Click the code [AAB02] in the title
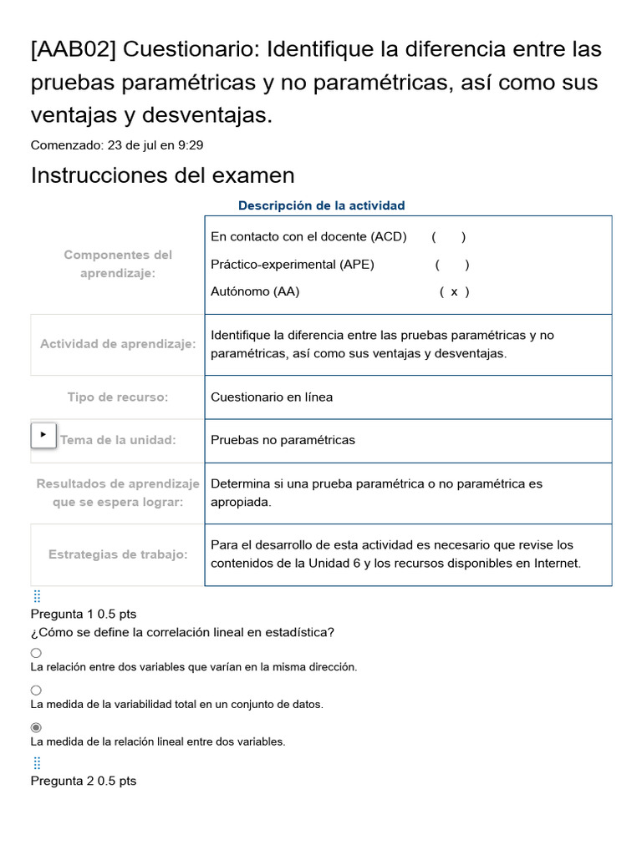click(73, 50)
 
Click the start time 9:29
click(190, 145)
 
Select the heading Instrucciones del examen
click(162, 175)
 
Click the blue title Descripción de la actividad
click(321, 205)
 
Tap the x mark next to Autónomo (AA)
click(454, 291)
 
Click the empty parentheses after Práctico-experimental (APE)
click(451, 265)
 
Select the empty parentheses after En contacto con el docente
click(449, 236)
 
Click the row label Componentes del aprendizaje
click(118, 264)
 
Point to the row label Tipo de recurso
click(118, 397)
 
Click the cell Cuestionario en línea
click(272, 397)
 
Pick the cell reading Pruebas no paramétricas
click(283, 440)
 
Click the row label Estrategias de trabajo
click(118, 554)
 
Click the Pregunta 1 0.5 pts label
click(84, 614)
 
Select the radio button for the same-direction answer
click(36, 653)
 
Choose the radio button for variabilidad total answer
click(36, 690)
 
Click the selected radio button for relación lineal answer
click(36, 727)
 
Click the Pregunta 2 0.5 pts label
click(84, 781)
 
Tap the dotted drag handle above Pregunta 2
click(37, 763)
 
